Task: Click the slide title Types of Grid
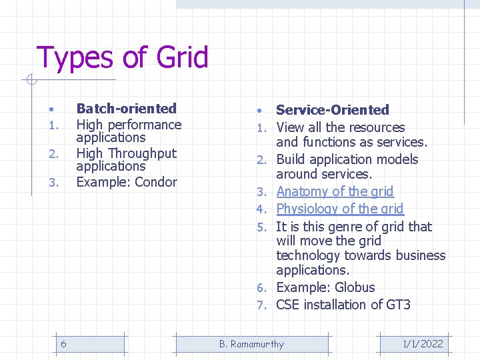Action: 122,57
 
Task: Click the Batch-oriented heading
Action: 126,109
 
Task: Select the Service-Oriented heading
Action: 332,110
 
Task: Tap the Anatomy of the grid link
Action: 335,192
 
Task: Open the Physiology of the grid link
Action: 339,209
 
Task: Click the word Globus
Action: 355,288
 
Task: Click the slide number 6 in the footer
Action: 63,344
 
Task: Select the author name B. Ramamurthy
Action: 251,344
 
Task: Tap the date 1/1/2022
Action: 423,344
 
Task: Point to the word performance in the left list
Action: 147,125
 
